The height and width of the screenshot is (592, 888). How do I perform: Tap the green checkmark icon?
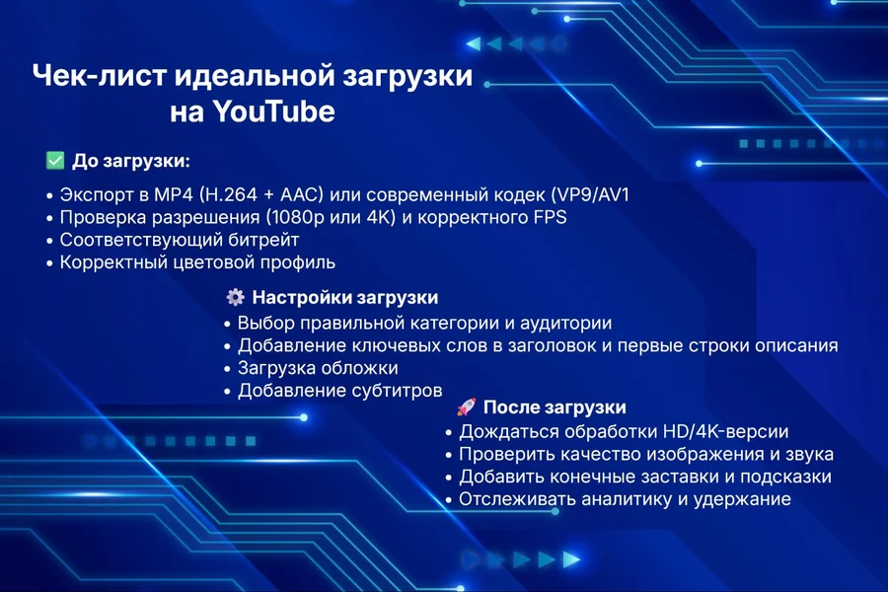pos(54,161)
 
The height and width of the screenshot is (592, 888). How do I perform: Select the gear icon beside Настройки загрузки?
pos(235,297)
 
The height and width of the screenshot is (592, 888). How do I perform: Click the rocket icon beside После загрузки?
pos(466,407)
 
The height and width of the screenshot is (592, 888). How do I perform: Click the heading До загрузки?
pos(130,161)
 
